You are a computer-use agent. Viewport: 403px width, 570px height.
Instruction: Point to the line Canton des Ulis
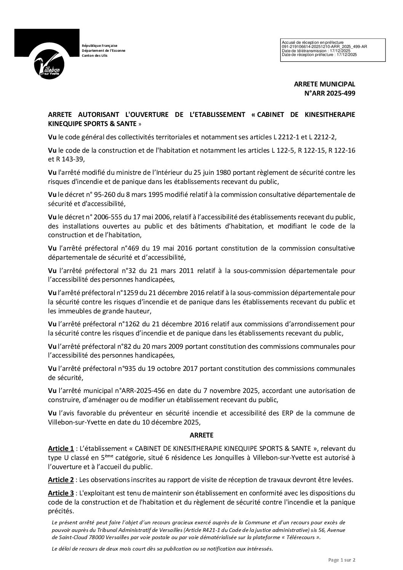click(x=95, y=56)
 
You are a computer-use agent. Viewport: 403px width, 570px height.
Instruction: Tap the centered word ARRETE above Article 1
click(x=201, y=434)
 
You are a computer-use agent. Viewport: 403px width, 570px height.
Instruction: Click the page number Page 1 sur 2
click(x=342, y=560)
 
